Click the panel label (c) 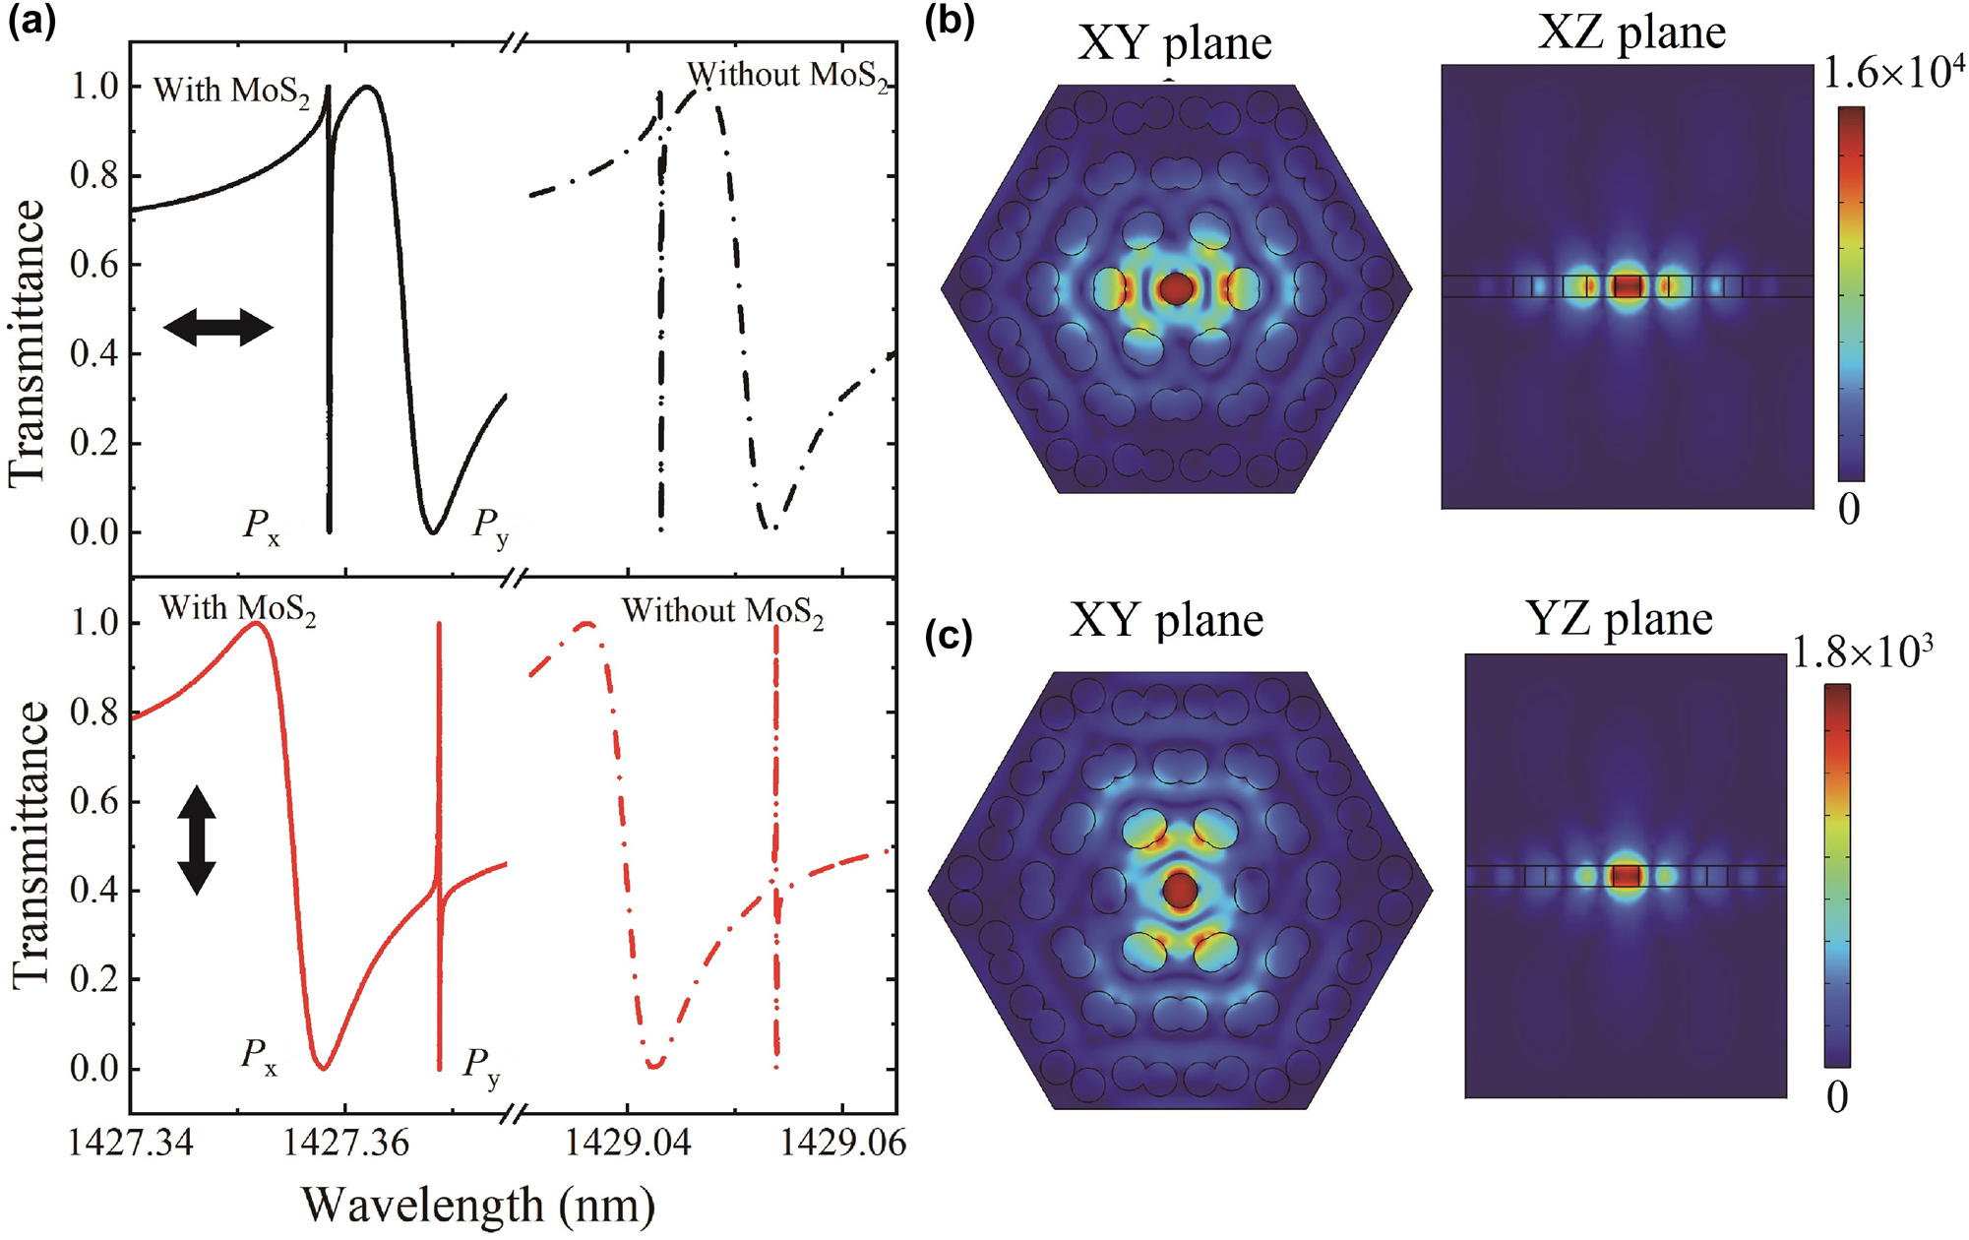(x=949, y=637)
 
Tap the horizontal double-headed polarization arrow (x=217, y=327)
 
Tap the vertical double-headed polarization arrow (x=197, y=839)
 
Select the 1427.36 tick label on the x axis (x=346, y=1145)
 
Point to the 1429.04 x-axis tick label (x=628, y=1145)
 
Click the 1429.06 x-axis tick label (x=842, y=1145)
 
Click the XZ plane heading (x=1631, y=33)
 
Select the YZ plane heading (x=1619, y=619)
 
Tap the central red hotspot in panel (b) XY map (x=1177, y=288)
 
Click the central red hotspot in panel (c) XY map (x=1180, y=890)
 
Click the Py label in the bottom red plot (x=482, y=1067)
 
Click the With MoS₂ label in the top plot (x=231, y=92)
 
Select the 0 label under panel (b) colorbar (x=1849, y=510)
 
